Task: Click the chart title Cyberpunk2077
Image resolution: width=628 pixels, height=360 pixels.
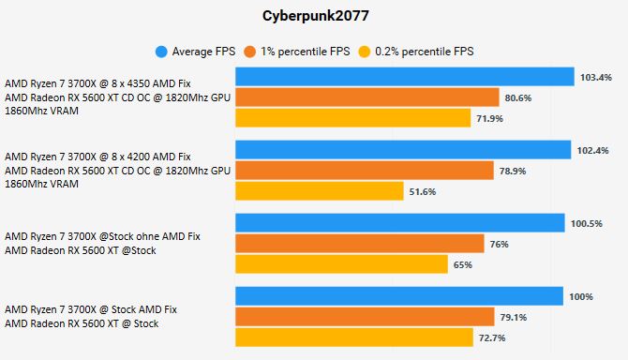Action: (x=314, y=16)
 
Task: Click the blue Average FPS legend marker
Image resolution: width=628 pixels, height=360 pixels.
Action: (x=162, y=51)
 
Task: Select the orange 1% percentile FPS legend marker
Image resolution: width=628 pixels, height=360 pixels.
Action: (x=250, y=51)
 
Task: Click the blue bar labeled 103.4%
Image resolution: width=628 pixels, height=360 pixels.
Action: (x=404, y=77)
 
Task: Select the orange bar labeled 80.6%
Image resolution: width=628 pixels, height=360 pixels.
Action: (x=366, y=97)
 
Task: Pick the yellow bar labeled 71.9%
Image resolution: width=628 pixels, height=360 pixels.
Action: (x=352, y=118)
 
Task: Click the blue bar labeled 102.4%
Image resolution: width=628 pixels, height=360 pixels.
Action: (x=402, y=150)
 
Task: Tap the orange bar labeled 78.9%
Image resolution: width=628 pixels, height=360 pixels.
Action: (x=364, y=171)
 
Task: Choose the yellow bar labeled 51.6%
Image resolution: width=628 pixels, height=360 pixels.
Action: (x=320, y=191)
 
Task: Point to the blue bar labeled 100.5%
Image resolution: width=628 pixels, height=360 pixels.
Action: (x=399, y=223)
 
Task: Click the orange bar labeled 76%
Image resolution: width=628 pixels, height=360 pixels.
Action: (x=359, y=244)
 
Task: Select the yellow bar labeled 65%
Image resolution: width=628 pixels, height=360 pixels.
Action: (x=341, y=264)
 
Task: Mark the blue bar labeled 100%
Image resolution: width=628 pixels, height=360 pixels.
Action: (x=398, y=296)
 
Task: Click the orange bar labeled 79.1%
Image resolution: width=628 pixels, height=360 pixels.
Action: (x=365, y=317)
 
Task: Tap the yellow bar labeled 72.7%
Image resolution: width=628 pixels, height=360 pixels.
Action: (x=353, y=337)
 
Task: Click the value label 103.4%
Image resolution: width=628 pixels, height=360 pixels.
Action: (x=596, y=77)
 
